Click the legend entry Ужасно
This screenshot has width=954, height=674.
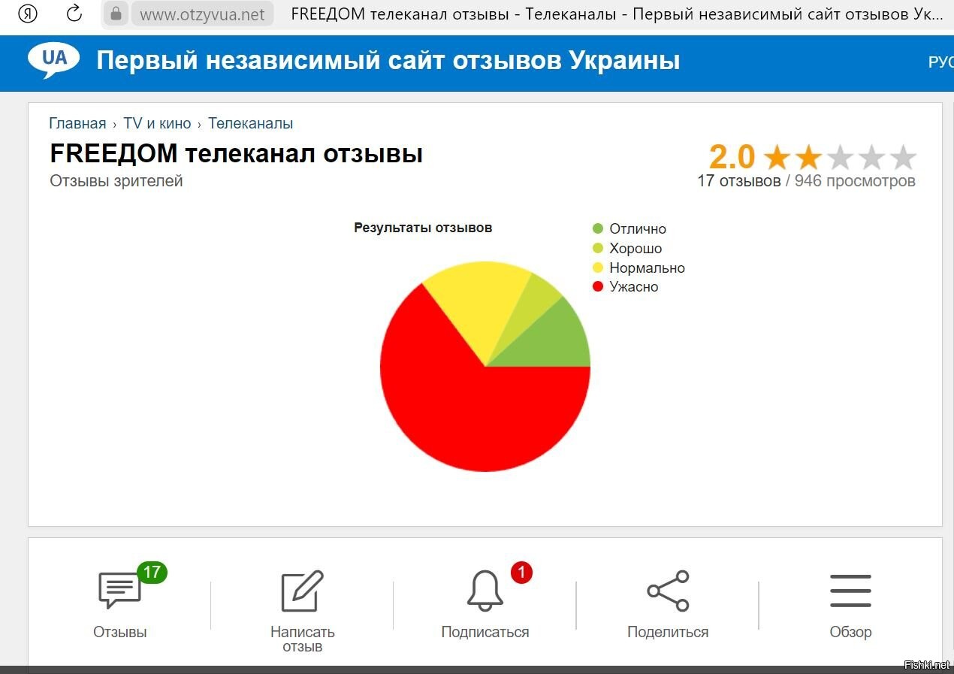coord(625,287)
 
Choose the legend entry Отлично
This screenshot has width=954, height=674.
coord(629,228)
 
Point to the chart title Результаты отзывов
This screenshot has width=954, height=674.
coord(423,228)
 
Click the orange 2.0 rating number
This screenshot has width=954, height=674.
coord(732,157)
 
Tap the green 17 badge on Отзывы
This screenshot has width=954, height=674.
coord(152,572)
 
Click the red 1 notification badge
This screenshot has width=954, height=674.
coord(522,572)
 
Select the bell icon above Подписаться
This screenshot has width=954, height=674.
coord(485,591)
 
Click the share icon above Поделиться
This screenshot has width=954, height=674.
coord(668,591)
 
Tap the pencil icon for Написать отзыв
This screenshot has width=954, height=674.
coord(303,591)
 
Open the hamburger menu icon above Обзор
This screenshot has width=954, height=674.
coord(850,591)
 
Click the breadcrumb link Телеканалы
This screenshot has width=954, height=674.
coord(250,123)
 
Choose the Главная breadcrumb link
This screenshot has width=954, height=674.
coord(77,123)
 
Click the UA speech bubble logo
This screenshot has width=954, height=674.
coord(53,59)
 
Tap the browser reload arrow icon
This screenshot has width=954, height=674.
coord(74,14)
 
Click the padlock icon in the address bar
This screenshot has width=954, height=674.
coord(116,14)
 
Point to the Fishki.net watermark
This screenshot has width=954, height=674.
coord(927,665)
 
